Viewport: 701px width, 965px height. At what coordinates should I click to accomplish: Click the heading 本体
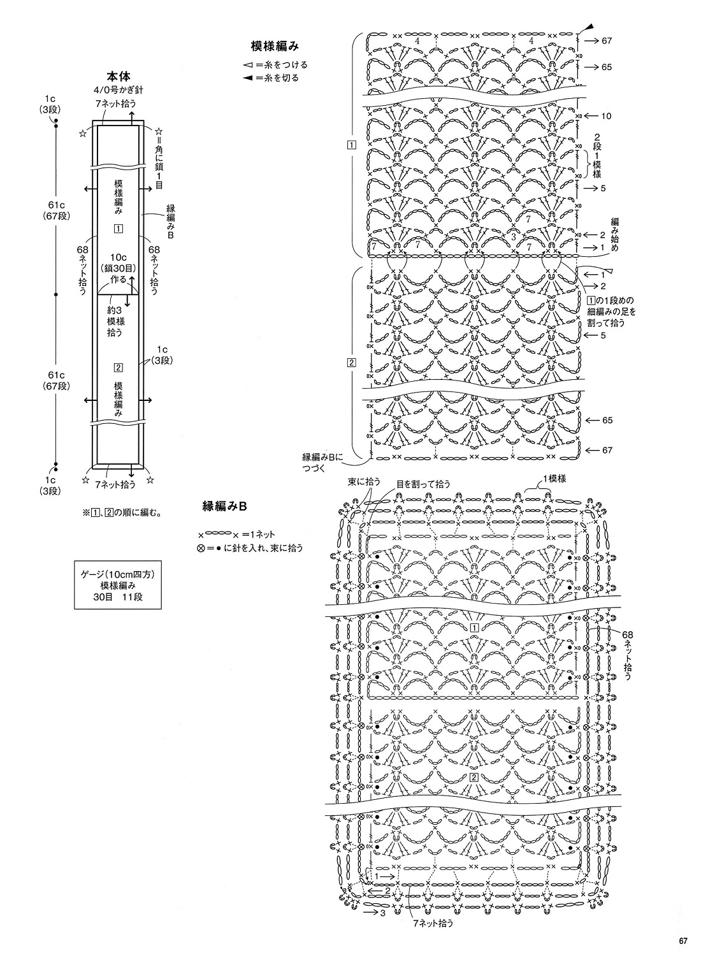coord(119,77)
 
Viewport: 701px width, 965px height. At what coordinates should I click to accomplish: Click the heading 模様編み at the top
coord(275,46)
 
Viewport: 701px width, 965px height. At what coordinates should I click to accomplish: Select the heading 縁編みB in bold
coord(224,507)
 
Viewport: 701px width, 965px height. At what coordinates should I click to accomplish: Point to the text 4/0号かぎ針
coord(118,90)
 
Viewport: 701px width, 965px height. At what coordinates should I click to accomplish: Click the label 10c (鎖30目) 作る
coord(119,268)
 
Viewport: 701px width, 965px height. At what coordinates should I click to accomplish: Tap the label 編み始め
coord(614,235)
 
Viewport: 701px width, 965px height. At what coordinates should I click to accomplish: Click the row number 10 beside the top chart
coord(606,116)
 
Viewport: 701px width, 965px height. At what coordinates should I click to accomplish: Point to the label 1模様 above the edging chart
coord(554,479)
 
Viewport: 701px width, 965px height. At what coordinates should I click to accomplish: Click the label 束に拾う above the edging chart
coord(364,482)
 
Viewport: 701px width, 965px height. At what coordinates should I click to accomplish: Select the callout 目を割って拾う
coord(424,484)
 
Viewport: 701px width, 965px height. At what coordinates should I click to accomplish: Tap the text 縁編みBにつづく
coord(322,461)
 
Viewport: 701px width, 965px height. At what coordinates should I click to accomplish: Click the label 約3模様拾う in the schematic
coord(115,321)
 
